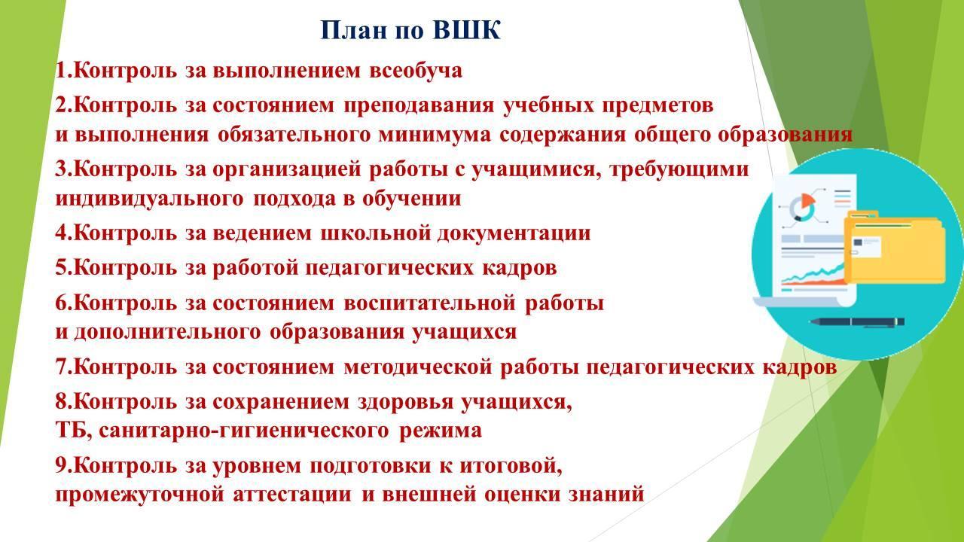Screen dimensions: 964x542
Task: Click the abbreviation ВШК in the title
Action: point(466,30)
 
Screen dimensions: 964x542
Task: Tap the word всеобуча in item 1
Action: point(416,71)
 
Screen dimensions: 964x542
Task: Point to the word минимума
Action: point(435,135)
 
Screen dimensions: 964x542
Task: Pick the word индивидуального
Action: point(149,199)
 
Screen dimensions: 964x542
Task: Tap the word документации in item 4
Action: point(514,233)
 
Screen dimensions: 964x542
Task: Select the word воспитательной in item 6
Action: point(429,303)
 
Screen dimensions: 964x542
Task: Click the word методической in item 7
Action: point(417,367)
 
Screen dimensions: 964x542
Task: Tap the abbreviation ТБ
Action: point(72,431)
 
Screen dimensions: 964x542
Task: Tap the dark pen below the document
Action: point(856,321)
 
